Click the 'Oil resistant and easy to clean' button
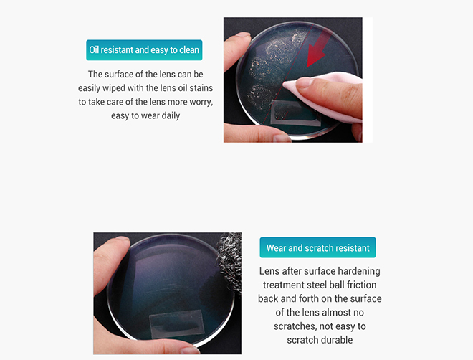144,50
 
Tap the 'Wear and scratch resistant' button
317,248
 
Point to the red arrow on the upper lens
316,57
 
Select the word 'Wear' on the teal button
276,248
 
